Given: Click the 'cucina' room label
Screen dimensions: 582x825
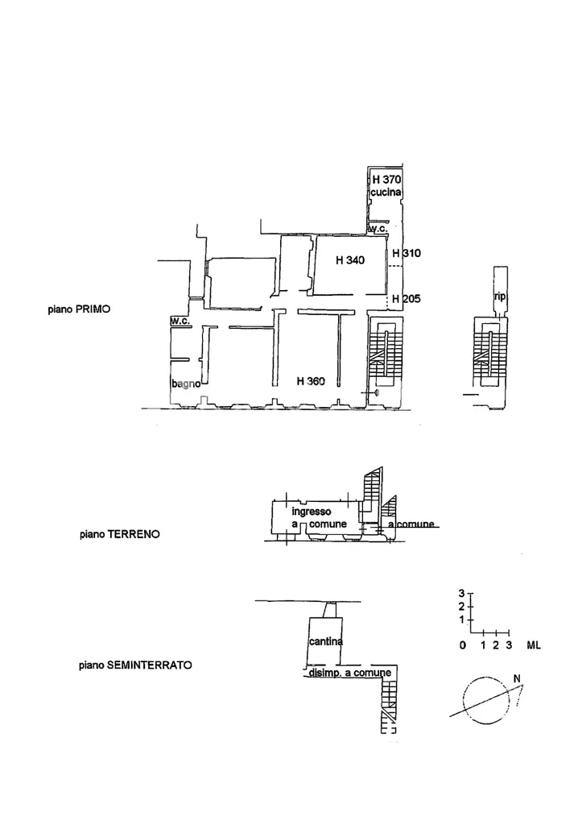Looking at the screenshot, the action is (x=386, y=193).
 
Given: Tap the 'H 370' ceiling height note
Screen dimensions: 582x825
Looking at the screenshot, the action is (x=387, y=180).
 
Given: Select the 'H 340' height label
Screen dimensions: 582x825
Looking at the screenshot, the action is (x=350, y=260).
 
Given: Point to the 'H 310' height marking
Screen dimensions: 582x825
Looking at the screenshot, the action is (x=407, y=253).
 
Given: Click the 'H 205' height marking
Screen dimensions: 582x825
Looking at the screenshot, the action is (x=407, y=299).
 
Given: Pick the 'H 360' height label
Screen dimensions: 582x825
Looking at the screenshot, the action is (x=311, y=381).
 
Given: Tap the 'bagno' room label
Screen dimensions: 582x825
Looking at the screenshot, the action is (x=186, y=384).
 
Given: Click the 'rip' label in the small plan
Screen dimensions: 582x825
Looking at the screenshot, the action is (x=499, y=296).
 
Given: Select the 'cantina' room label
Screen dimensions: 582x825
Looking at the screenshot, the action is (x=326, y=641).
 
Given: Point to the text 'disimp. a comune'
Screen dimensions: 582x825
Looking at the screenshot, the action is (x=349, y=673).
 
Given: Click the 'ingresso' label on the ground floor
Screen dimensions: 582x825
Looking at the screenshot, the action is (x=312, y=512).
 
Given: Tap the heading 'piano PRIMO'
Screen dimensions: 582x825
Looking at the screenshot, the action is (x=80, y=309).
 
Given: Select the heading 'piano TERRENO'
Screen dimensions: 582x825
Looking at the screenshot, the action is (x=120, y=535).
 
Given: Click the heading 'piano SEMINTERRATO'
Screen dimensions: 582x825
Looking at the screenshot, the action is (x=136, y=665).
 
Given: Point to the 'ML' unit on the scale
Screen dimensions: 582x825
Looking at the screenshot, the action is (x=534, y=645).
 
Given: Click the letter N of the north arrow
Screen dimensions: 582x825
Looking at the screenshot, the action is (x=517, y=678).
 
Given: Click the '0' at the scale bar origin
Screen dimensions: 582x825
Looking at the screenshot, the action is (x=463, y=645).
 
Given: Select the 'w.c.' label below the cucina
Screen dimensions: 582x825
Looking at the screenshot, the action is (x=378, y=229).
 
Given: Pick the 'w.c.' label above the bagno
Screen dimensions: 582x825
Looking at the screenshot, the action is (x=180, y=321).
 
